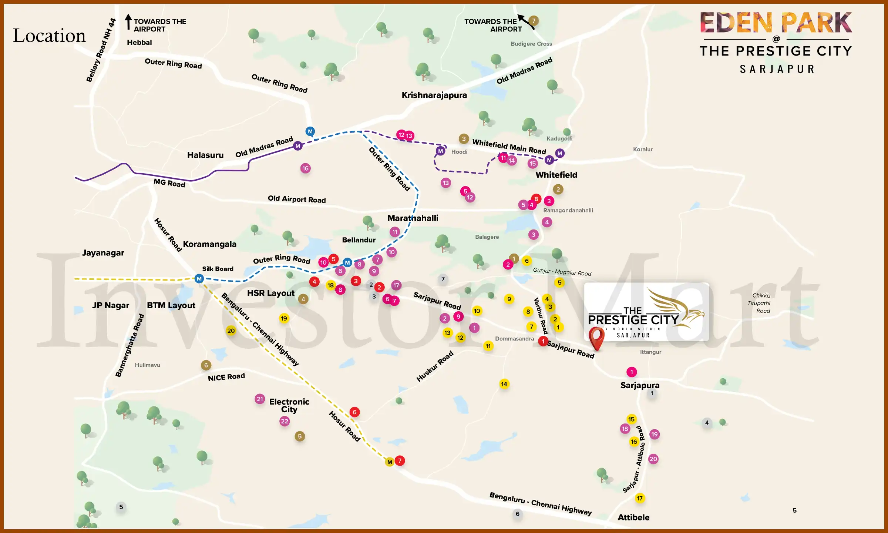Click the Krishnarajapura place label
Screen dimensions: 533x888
click(434, 95)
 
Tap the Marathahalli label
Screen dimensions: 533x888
click(413, 218)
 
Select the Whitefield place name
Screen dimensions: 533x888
click(556, 175)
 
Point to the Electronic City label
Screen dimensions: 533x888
click(289, 405)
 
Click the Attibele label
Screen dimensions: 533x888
click(633, 517)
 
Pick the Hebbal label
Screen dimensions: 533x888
click(139, 43)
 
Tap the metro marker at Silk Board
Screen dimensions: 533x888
click(199, 279)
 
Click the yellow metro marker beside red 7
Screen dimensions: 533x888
click(389, 462)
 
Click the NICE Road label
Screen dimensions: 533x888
click(226, 377)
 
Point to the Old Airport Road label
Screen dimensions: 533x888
click(296, 199)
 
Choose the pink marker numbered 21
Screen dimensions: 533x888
click(260, 399)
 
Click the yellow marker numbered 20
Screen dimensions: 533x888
click(231, 331)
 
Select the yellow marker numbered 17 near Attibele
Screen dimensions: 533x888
click(640, 498)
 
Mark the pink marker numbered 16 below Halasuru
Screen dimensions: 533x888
click(305, 168)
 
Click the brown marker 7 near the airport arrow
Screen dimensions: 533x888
click(534, 21)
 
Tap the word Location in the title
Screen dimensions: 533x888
click(49, 36)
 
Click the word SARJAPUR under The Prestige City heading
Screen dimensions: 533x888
click(777, 69)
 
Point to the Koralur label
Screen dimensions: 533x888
click(643, 150)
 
